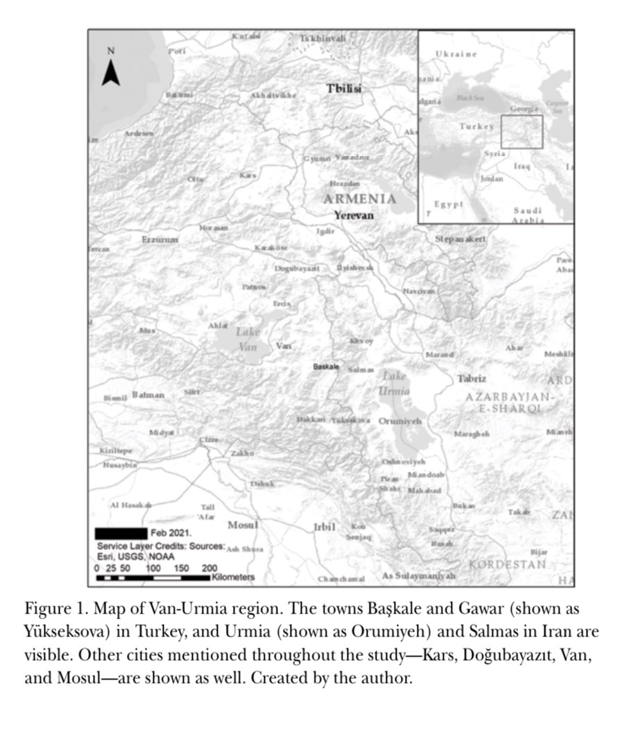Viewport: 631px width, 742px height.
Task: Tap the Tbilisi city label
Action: (x=344, y=88)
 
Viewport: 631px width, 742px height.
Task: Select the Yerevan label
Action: (x=354, y=215)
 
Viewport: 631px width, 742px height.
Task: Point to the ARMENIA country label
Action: (x=360, y=199)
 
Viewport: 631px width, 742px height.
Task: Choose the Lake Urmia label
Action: (x=395, y=383)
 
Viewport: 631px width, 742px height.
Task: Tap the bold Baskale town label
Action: (x=327, y=366)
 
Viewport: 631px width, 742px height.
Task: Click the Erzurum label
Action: (x=160, y=239)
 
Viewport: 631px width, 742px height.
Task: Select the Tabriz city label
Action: (x=472, y=379)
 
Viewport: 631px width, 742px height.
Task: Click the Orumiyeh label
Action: (x=401, y=421)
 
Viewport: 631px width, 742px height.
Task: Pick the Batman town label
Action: (x=148, y=395)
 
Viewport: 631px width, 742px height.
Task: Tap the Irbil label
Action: (x=325, y=527)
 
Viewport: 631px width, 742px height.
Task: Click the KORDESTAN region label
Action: (x=507, y=564)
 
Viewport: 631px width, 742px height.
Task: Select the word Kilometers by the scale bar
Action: (x=234, y=577)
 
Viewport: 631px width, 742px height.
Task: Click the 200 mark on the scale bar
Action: (x=209, y=568)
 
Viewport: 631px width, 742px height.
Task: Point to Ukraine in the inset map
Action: (x=456, y=53)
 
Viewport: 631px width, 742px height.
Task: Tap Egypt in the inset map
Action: (x=448, y=204)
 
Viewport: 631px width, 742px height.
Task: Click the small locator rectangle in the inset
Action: (x=521, y=132)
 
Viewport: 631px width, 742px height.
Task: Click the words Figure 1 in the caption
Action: (x=50, y=609)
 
